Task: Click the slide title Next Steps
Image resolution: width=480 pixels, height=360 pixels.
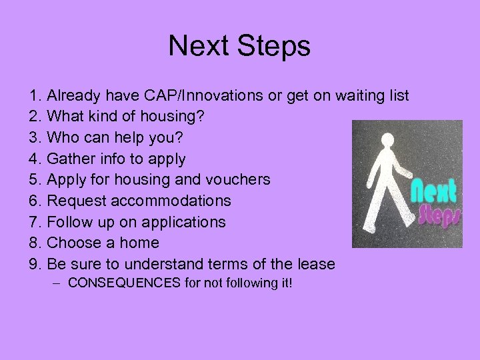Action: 239,46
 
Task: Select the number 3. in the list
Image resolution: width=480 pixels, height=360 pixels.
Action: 36,138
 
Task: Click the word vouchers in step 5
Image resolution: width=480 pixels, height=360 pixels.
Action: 241,180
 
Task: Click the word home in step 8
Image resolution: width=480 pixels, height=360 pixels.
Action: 139,243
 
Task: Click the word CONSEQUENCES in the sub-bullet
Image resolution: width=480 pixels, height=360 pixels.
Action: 124,283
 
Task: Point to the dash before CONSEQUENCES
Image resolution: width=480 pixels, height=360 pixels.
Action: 58,283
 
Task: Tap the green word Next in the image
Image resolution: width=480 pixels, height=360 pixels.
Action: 434,191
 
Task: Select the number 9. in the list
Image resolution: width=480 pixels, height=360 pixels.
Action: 36,265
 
